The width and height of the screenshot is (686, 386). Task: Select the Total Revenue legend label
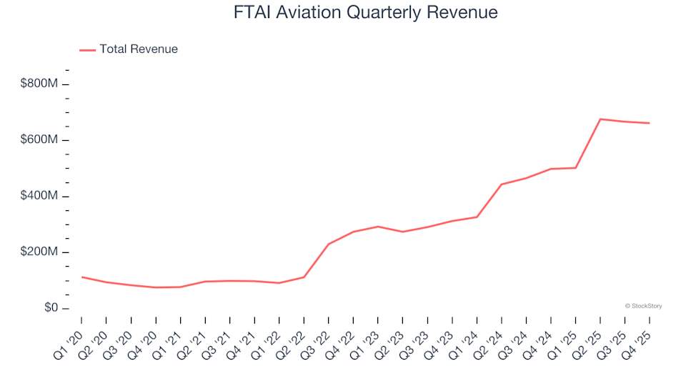coord(139,49)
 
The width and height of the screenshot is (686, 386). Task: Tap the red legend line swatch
coord(87,49)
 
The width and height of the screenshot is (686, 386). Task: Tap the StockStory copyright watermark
coord(643,306)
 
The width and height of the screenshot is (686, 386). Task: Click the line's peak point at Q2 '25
coord(600,119)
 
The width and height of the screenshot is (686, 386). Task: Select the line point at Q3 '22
coord(328,244)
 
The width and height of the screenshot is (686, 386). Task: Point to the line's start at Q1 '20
coord(81,277)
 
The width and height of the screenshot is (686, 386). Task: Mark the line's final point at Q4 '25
coord(649,123)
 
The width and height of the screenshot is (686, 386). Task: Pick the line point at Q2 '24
coord(502,184)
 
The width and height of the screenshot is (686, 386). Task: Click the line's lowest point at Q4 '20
coord(156,287)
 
